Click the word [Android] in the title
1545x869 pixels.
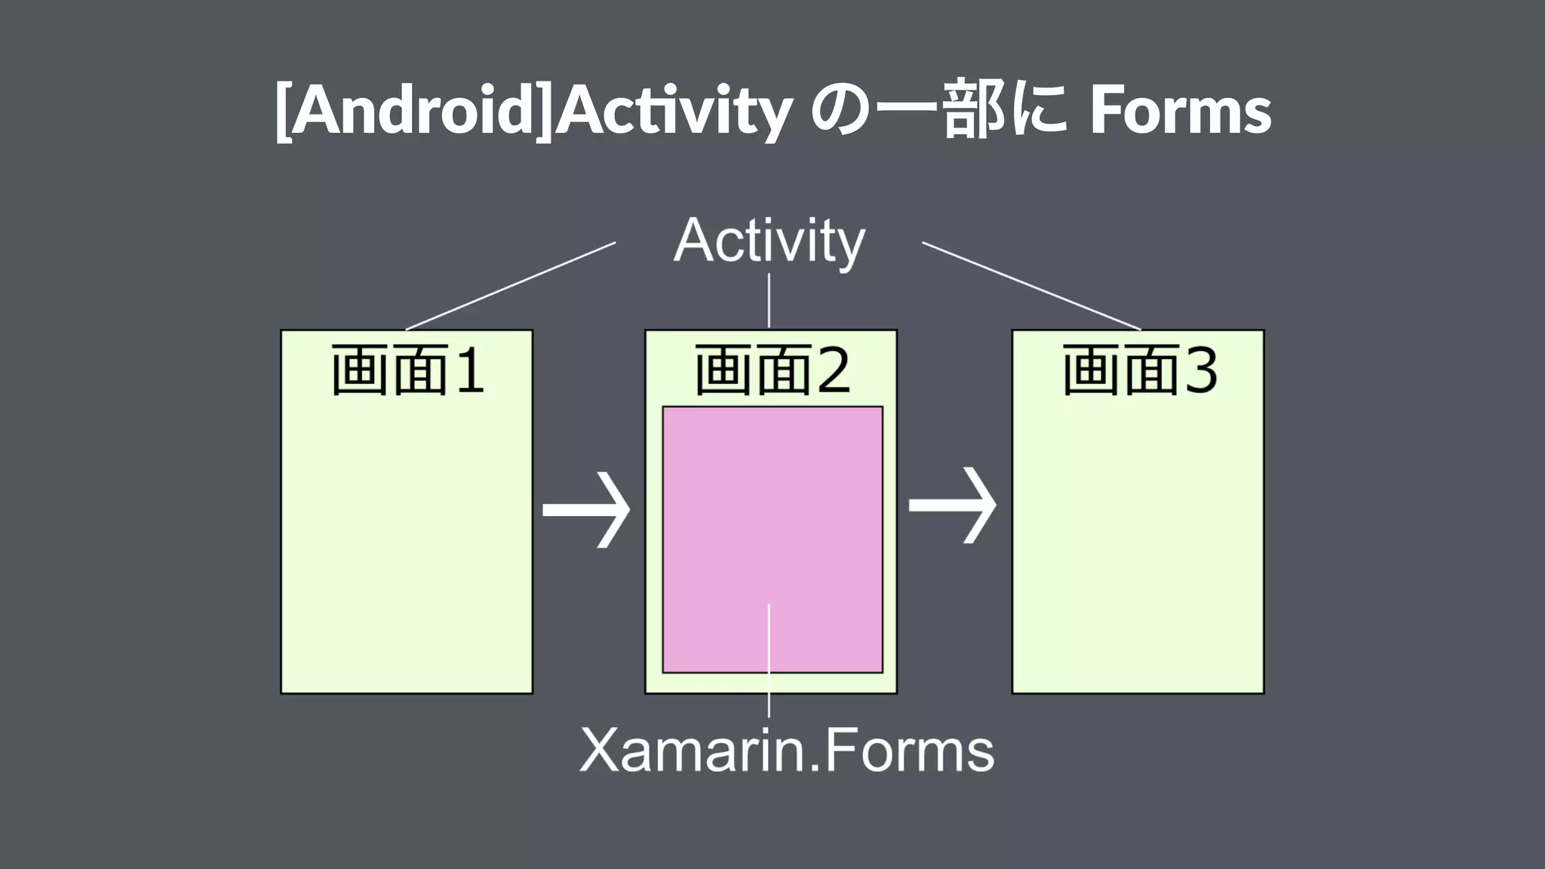coord(413,111)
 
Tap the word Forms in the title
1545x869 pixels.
coord(1181,111)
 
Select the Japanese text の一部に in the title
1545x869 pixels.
coord(938,111)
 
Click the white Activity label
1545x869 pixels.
coord(769,241)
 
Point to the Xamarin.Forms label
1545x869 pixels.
coord(787,751)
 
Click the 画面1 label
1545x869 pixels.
coord(407,370)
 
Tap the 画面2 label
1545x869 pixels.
coord(772,370)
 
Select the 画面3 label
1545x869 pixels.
coord(1139,370)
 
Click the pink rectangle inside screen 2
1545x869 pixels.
coord(772,513)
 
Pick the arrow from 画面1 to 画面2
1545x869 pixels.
coord(587,510)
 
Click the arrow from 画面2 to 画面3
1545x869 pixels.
coord(953,505)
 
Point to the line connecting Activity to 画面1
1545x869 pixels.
coord(511,286)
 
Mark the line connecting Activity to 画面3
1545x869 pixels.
coord(1031,286)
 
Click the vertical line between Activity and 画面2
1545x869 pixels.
coord(769,300)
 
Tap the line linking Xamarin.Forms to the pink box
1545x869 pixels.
coord(769,660)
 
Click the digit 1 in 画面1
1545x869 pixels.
coord(469,371)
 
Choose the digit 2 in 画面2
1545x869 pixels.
coord(833,371)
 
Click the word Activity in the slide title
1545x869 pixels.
coord(674,111)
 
